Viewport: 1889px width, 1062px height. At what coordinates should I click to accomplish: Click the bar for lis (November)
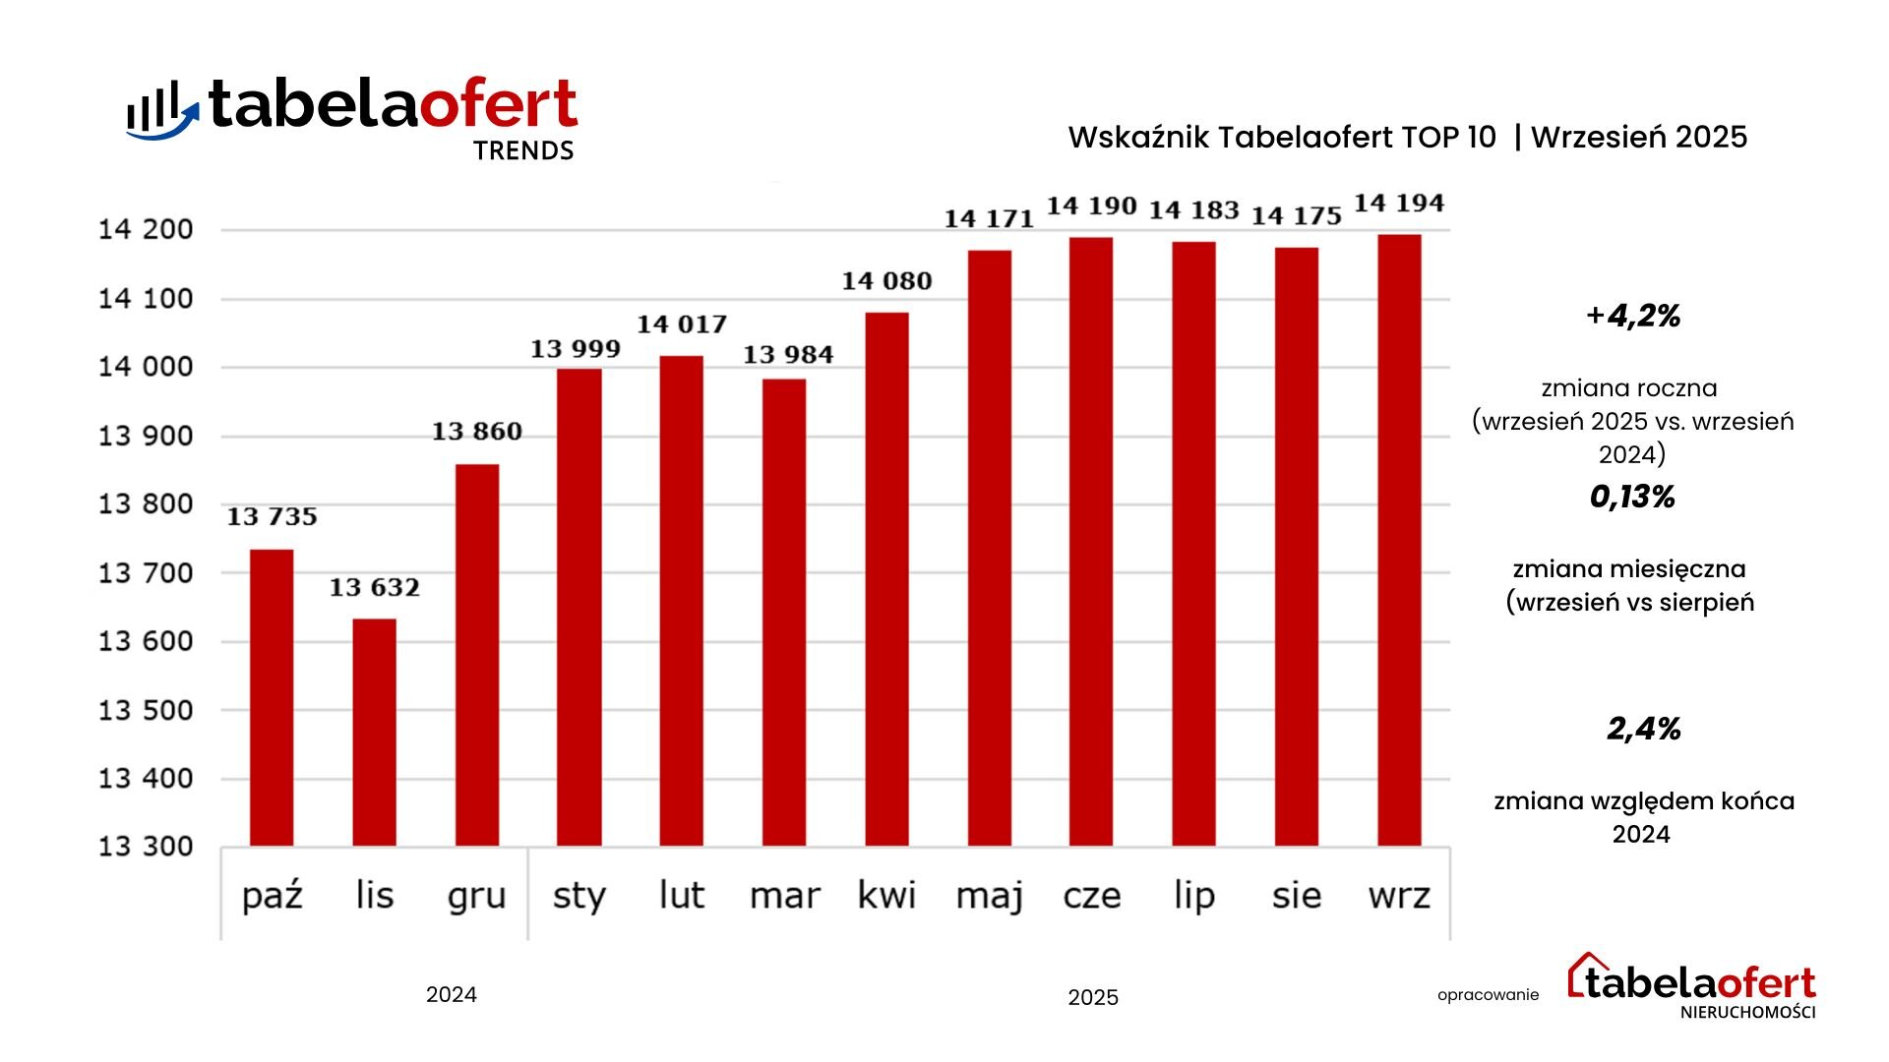[x=374, y=733]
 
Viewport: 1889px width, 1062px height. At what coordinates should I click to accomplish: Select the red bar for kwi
[x=886, y=579]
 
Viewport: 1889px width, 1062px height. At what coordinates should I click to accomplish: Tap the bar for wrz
[x=1399, y=540]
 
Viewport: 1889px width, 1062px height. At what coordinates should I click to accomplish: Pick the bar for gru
[x=477, y=655]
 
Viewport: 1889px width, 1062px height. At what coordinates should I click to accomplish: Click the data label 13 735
[x=273, y=517]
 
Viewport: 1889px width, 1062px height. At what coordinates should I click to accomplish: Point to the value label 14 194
[x=1399, y=204]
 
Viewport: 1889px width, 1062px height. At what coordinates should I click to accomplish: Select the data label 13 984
[x=788, y=355]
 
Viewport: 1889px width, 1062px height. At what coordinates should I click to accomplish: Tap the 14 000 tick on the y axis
[x=146, y=368]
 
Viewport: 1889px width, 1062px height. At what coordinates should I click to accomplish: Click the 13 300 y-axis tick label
[x=146, y=847]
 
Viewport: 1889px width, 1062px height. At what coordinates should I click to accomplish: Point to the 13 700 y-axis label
[x=146, y=573]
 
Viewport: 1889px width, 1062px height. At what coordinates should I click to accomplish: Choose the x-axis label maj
[x=990, y=896]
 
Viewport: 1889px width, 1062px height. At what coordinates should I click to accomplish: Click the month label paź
[x=273, y=896]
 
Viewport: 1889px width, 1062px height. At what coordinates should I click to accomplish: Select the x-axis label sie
[x=1297, y=896]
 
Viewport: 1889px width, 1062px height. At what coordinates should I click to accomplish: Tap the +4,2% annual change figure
[x=1633, y=316]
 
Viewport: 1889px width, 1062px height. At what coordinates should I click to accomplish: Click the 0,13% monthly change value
[x=1632, y=498]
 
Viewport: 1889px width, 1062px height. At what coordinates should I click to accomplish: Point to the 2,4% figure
[x=1643, y=729]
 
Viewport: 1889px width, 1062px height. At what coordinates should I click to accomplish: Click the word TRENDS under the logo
[x=523, y=151]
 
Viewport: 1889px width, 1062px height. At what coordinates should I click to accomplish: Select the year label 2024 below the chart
[x=452, y=995]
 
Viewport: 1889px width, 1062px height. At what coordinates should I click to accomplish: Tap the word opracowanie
[x=1488, y=995]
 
